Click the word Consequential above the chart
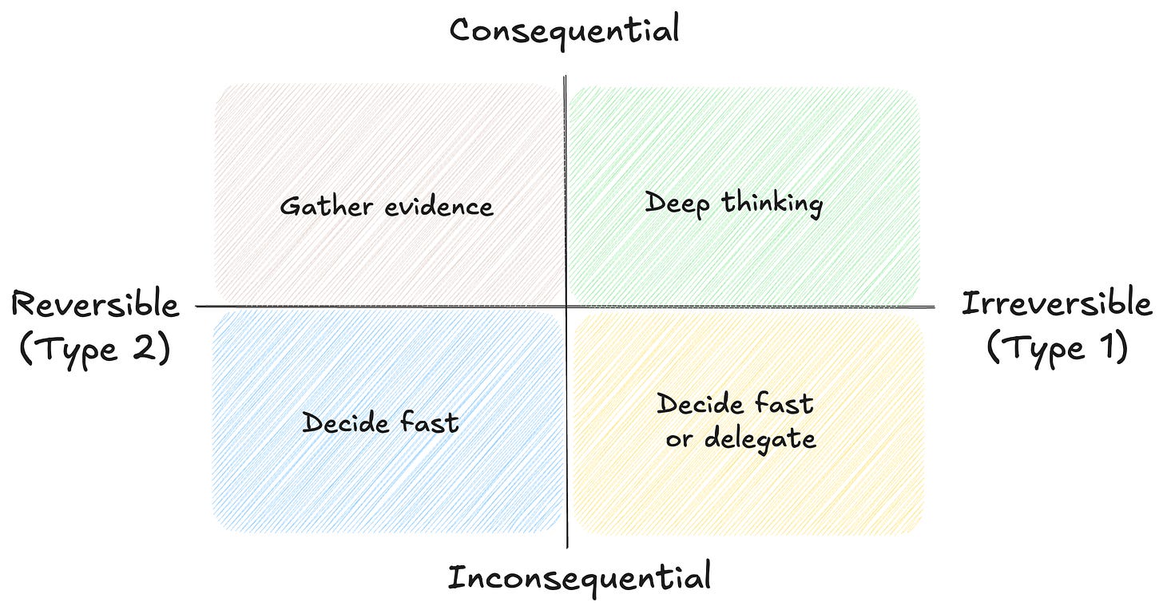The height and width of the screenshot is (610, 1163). [x=564, y=30]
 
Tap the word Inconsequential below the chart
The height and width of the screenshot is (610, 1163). [x=578, y=576]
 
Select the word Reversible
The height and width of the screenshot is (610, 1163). [x=95, y=306]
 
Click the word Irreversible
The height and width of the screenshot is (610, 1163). [x=1056, y=304]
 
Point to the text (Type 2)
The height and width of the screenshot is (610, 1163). [x=95, y=350]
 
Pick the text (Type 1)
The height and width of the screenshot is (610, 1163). [x=1057, y=349]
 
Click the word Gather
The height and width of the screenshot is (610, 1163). [x=326, y=207]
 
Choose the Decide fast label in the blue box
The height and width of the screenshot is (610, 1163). [x=380, y=422]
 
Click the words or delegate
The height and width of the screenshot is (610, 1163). [x=740, y=438]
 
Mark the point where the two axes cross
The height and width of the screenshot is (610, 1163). [x=566, y=306]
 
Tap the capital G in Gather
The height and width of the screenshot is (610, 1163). [x=290, y=207]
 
